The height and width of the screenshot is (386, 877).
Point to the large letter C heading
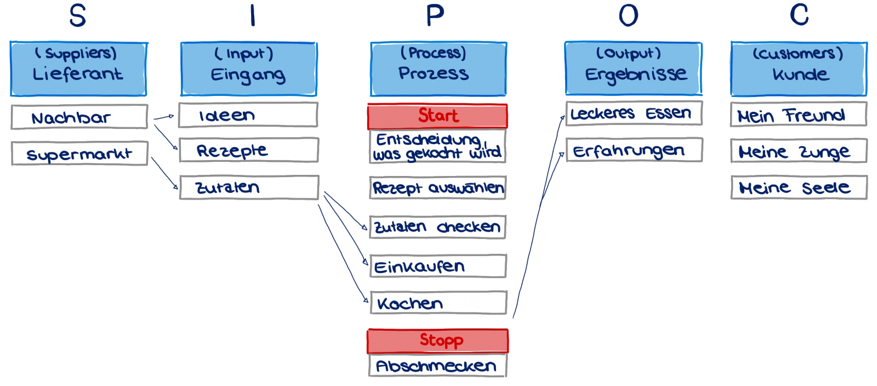coord(799,15)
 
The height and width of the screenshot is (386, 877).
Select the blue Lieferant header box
coord(78,69)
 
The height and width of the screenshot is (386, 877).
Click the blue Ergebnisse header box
coord(633,68)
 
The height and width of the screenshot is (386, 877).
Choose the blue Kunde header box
coord(799,69)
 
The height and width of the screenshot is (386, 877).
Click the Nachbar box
coord(79,117)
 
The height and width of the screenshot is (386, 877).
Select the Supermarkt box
coord(79,154)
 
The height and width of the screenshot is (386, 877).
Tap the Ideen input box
coord(248,115)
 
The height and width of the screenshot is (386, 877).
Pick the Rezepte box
coord(248,150)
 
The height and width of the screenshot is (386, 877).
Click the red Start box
coord(437,116)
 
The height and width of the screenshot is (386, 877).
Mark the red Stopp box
coord(437,340)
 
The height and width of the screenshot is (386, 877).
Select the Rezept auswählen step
coord(437,188)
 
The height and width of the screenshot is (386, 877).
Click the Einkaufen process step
coord(437,266)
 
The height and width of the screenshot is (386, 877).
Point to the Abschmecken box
coord(437,366)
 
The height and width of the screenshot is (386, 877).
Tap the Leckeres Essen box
coord(633,113)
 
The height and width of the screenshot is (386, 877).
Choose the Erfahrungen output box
coord(633,150)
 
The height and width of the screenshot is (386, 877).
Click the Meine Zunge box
coord(799,151)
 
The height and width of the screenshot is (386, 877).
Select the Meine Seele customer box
coord(799,188)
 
